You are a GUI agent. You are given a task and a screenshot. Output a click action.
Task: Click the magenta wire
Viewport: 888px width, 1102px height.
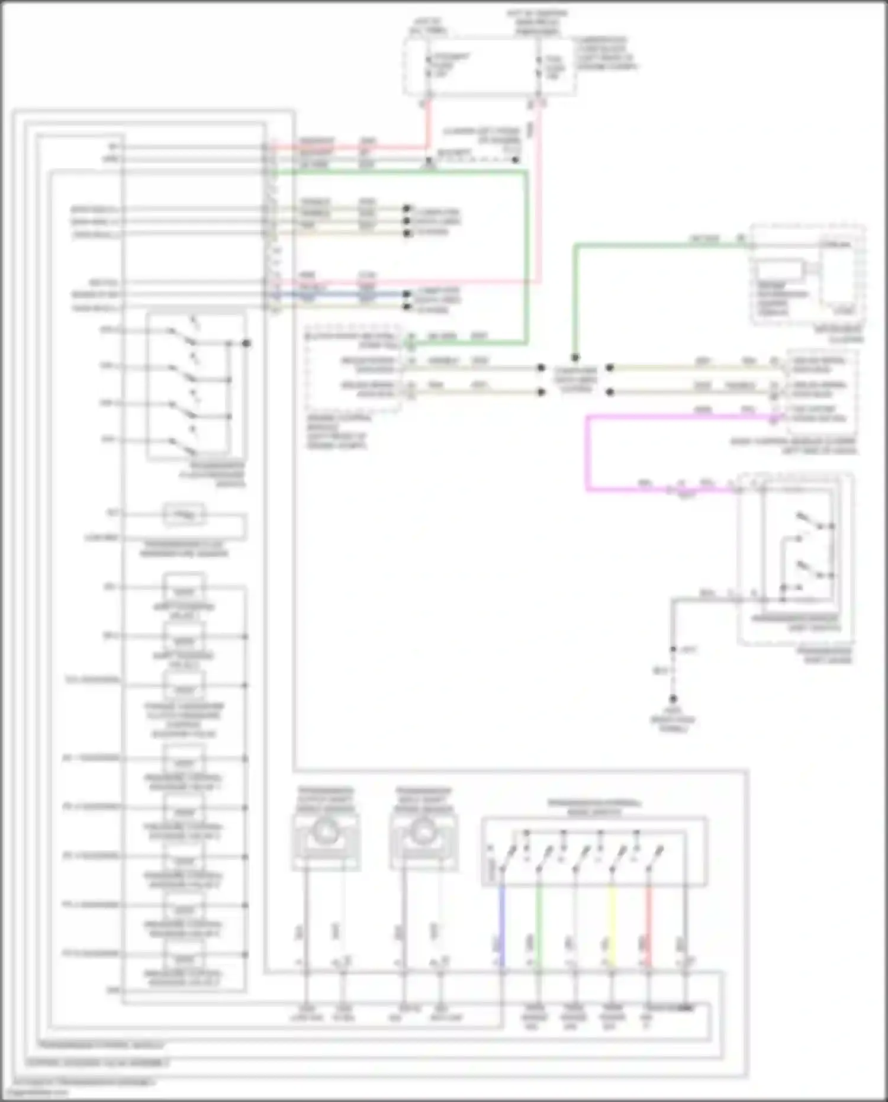point(587,456)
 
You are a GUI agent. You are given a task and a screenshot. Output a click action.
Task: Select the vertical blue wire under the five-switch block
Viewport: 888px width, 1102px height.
point(502,924)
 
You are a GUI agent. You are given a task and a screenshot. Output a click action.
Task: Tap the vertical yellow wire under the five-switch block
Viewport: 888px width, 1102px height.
point(612,924)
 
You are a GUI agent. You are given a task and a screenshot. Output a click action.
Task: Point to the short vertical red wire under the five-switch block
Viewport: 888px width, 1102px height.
point(649,924)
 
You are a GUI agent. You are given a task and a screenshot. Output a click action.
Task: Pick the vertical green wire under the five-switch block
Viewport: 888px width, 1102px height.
point(539,924)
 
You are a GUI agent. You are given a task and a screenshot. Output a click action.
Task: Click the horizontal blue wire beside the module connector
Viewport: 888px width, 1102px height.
point(343,294)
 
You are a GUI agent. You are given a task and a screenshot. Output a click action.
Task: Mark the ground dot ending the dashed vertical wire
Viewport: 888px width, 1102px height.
point(673,699)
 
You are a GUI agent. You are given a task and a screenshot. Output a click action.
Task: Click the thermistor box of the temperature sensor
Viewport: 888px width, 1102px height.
point(184,515)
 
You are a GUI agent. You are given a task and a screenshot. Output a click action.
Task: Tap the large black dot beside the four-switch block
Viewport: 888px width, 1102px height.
point(247,343)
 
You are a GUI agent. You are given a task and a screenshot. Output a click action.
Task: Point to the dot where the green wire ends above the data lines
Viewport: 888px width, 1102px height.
point(574,358)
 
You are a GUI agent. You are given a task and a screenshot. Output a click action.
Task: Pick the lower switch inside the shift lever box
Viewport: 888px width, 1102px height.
point(811,570)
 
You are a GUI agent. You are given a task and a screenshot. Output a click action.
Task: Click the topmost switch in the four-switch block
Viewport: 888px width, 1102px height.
point(184,338)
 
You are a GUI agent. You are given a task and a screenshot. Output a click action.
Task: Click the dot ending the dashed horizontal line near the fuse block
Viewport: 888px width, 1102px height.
point(516,160)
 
